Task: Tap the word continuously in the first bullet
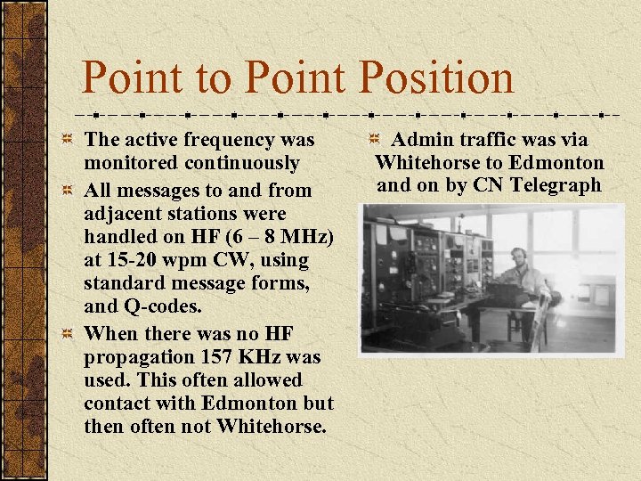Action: point(242,163)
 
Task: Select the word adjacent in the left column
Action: point(123,214)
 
